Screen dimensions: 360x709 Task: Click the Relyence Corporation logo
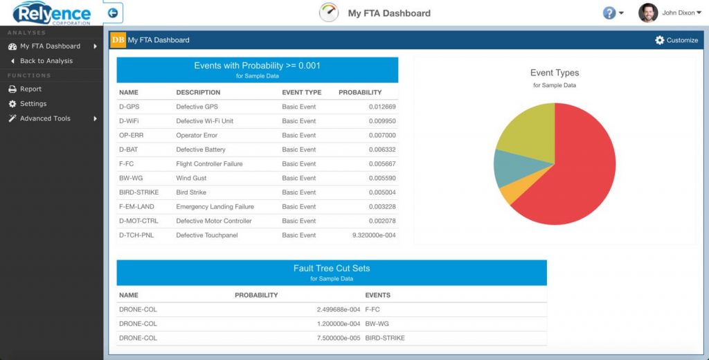click(52, 13)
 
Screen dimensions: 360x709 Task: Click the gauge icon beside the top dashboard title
click(329, 12)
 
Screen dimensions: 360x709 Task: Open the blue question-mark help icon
click(609, 13)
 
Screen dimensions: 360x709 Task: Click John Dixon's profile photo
click(648, 12)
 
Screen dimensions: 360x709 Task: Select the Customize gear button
click(676, 40)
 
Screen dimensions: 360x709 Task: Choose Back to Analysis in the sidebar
click(46, 61)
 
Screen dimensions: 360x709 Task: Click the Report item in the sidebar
click(30, 89)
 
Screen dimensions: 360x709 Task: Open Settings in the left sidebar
click(33, 104)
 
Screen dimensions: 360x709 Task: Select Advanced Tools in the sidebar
click(45, 118)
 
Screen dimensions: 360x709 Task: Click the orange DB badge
click(118, 40)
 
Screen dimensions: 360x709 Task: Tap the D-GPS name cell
click(129, 107)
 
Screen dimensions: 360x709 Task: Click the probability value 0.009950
click(382, 121)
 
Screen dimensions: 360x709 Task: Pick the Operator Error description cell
click(197, 136)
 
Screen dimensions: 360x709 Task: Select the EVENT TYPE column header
click(302, 92)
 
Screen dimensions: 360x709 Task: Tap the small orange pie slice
click(508, 193)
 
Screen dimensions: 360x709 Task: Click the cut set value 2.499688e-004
click(339, 309)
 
